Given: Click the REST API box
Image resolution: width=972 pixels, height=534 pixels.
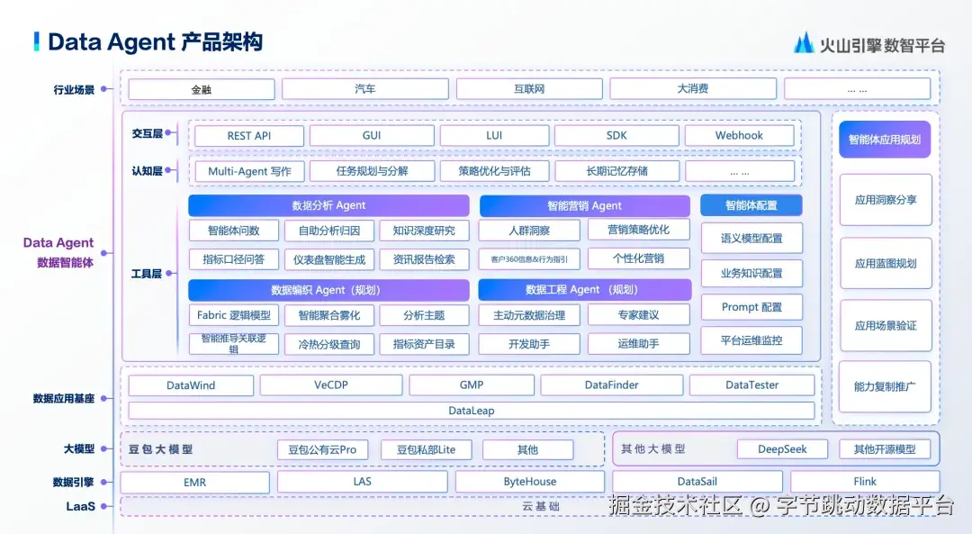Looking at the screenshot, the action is pyautogui.click(x=248, y=136).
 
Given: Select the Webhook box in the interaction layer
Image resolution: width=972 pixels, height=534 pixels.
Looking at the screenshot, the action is pyautogui.click(x=739, y=136).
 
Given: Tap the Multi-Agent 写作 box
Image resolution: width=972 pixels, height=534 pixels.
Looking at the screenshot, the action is pyautogui.click(x=249, y=171).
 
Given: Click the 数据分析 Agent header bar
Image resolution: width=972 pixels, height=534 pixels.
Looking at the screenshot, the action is pyautogui.click(x=328, y=205).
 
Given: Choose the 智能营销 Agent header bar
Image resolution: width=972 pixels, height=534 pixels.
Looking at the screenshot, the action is pyautogui.click(x=584, y=205).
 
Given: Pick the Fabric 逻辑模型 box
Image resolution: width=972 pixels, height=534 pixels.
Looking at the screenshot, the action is pyautogui.click(x=233, y=315).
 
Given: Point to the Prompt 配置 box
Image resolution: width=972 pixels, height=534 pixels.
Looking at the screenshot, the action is pyautogui.click(x=751, y=307).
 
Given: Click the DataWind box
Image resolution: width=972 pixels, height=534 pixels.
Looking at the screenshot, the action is pyautogui.click(x=191, y=385).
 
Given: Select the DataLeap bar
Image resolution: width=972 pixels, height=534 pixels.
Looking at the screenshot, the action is pyautogui.click(x=471, y=411).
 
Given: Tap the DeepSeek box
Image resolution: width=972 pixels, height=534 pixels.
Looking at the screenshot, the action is pyautogui.click(x=782, y=449).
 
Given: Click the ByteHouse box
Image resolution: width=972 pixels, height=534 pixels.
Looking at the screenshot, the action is pyautogui.click(x=529, y=482).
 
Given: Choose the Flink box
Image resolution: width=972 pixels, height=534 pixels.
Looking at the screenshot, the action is pyautogui.click(x=864, y=482).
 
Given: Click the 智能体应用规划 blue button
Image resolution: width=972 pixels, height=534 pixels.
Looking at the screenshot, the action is pyautogui.click(x=885, y=140).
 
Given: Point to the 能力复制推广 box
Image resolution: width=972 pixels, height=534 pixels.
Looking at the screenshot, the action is pyautogui.click(x=885, y=386).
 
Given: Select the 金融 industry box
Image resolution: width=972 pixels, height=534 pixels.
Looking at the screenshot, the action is pyautogui.click(x=201, y=89).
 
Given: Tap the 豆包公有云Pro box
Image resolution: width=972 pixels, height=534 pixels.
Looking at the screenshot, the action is pyautogui.click(x=322, y=449).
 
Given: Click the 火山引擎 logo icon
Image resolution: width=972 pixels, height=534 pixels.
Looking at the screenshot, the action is pyautogui.click(x=803, y=42).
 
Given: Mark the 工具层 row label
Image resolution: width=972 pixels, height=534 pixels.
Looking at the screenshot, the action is pyautogui.click(x=146, y=274).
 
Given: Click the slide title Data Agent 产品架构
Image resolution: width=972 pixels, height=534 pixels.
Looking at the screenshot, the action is pyautogui.click(x=155, y=41).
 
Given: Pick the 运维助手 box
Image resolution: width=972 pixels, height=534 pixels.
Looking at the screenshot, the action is pyautogui.click(x=638, y=343).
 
